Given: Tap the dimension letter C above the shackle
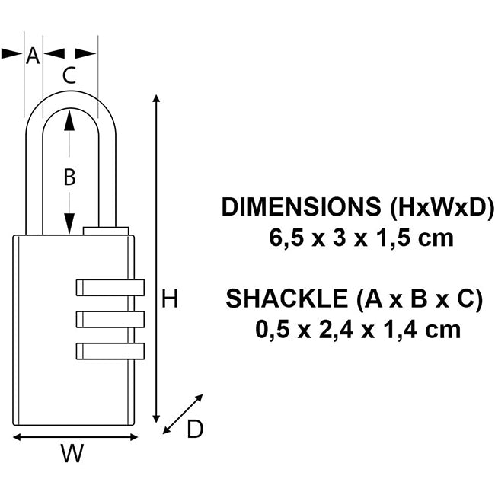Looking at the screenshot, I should (x=69, y=75).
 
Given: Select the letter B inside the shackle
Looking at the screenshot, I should (x=69, y=177).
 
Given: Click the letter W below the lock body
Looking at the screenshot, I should (x=72, y=455).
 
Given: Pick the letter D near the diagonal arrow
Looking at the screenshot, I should (x=195, y=430).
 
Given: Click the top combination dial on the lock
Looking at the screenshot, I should (x=110, y=287).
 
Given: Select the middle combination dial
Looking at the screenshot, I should (x=110, y=318).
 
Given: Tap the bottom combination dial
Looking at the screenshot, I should (x=110, y=351).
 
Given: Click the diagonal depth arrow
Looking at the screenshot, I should (x=184, y=414).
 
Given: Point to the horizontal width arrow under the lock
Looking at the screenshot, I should (x=76, y=437).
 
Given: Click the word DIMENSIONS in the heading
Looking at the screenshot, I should (x=302, y=208).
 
